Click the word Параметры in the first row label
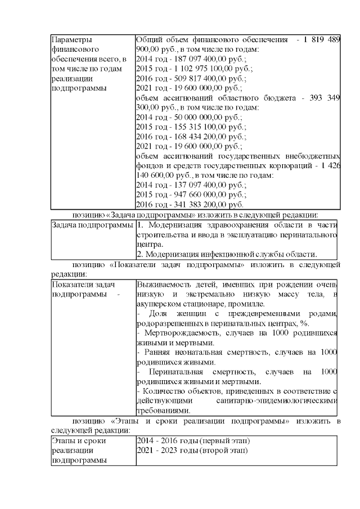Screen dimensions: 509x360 71,39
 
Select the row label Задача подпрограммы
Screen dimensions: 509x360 92,225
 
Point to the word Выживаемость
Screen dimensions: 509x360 164,283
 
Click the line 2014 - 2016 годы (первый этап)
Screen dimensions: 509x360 193,440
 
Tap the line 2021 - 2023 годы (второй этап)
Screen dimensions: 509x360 193,450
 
